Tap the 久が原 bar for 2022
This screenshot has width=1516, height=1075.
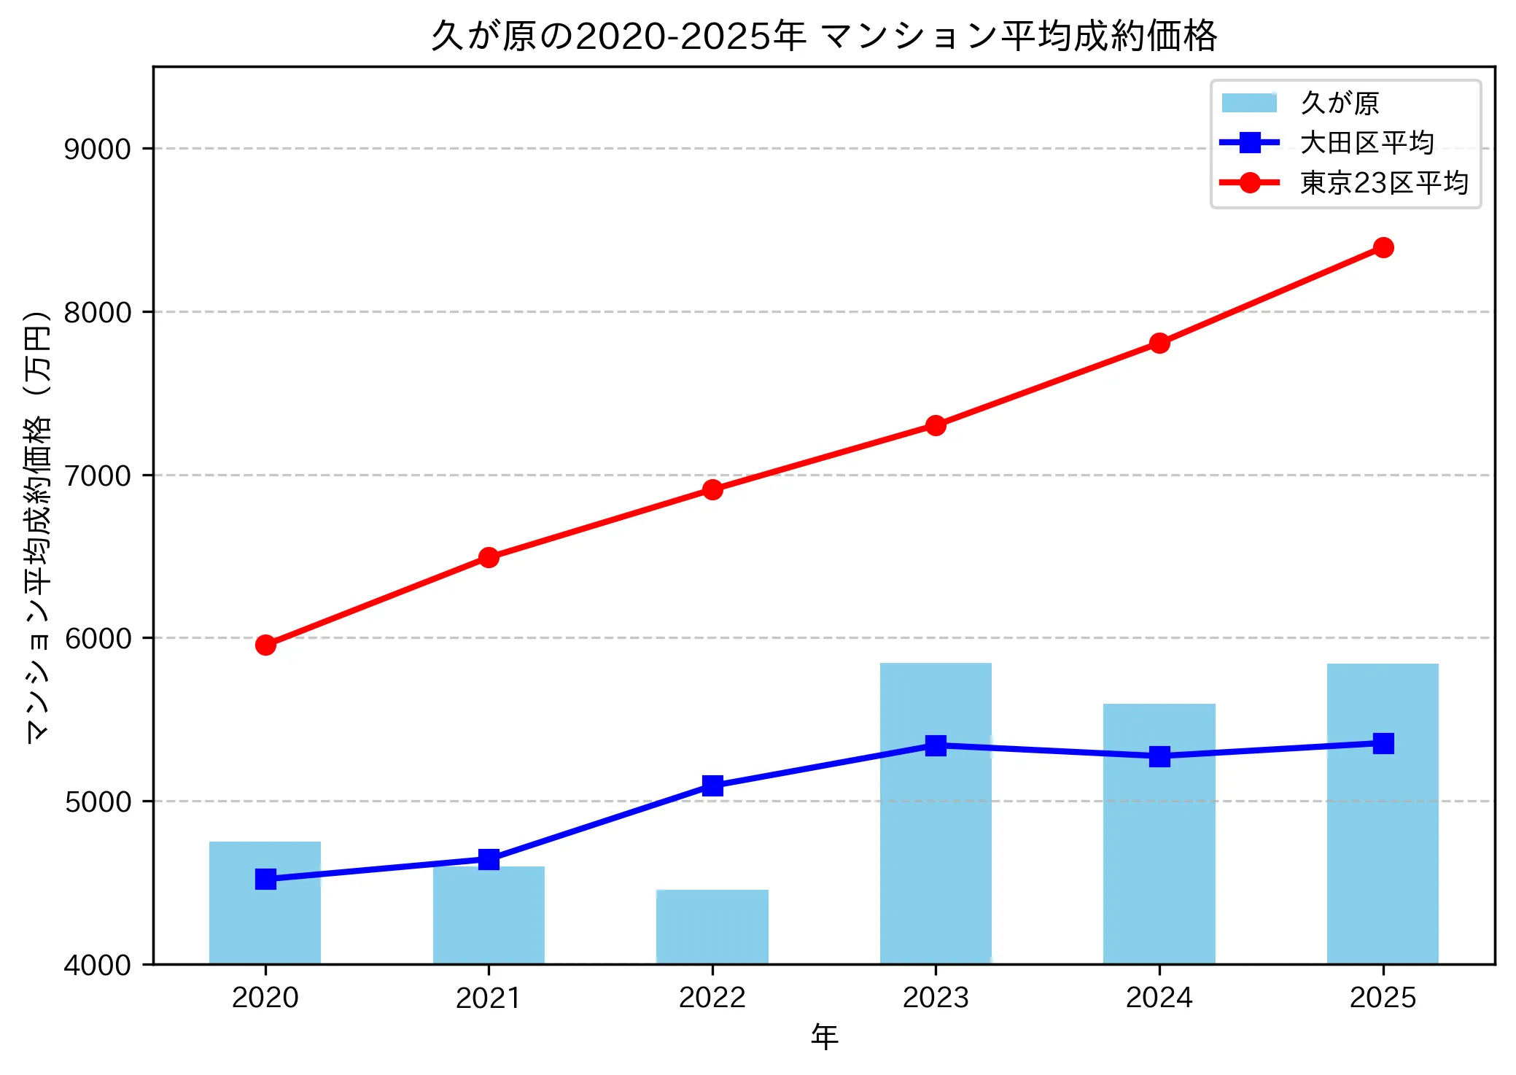(712, 926)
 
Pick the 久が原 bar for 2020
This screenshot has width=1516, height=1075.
(265, 919)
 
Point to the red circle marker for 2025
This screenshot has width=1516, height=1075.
(1383, 248)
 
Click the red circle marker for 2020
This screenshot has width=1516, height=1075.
(265, 645)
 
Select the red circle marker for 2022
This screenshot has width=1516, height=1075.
(712, 489)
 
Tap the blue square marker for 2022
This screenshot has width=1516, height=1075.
(712, 785)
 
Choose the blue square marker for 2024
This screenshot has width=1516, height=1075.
(1159, 756)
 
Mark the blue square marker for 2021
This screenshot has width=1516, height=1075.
(489, 859)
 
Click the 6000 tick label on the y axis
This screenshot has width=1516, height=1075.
(97, 638)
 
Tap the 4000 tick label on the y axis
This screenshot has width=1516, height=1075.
(97, 965)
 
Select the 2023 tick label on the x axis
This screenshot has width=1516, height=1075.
(936, 998)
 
